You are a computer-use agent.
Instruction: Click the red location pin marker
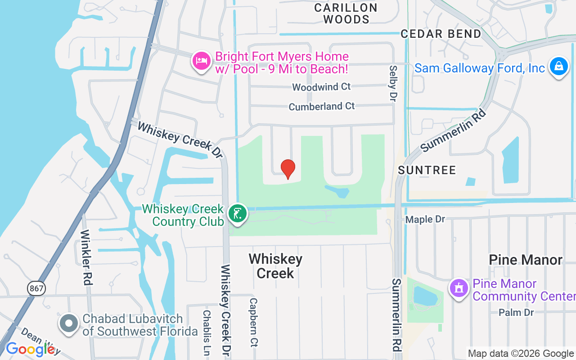(288, 169)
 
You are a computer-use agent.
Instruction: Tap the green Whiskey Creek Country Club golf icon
(237, 213)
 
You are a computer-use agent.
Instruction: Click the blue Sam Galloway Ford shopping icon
(558, 67)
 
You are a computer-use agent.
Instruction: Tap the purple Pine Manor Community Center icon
(459, 288)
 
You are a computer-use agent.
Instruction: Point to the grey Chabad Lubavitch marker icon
(69, 324)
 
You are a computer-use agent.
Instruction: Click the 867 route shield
(36, 288)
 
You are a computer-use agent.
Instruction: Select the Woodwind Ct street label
(321, 86)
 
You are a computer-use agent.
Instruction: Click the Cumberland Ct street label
(322, 106)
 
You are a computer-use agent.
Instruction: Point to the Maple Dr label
(425, 219)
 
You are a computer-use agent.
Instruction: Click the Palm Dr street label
(516, 312)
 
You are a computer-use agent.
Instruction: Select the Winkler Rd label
(86, 258)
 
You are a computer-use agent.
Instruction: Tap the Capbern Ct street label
(253, 322)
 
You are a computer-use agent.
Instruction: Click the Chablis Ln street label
(207, 332)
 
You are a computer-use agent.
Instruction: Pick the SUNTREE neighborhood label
(427, 170)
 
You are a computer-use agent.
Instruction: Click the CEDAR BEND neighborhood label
(441, 34)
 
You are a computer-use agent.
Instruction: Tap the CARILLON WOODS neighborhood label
(346, 13)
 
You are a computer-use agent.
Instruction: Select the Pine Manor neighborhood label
(526, 260)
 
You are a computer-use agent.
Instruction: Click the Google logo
(30, 349)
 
